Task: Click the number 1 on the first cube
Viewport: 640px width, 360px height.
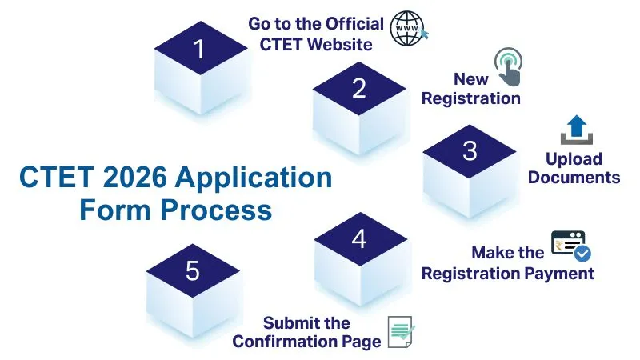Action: [199, 50]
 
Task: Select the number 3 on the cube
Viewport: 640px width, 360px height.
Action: [470, 150]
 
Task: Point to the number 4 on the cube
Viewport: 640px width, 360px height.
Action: [359, 238]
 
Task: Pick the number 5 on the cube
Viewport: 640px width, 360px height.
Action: [192, 271]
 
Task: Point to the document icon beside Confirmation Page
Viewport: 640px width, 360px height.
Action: [402, 332]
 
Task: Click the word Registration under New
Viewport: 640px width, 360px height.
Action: [470, 98]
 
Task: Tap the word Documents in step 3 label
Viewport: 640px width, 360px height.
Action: [573, 177]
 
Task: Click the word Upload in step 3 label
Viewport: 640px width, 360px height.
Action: [574, 158]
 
